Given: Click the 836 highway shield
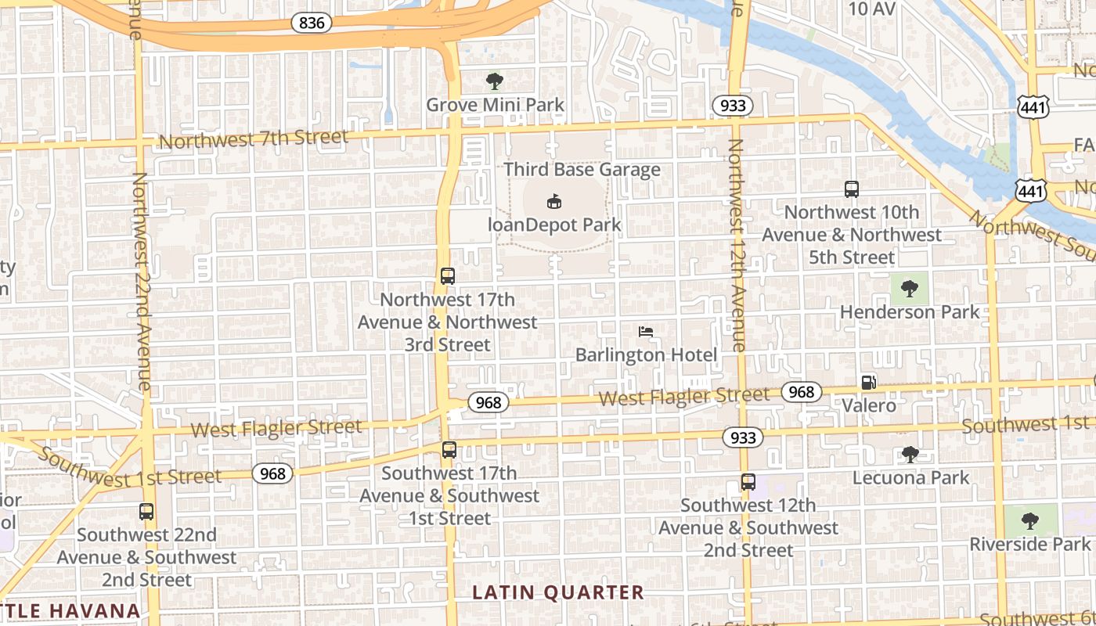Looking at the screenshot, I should click(312, 23).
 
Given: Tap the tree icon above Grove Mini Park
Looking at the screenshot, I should click(494, 81).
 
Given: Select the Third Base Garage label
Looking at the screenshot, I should click(582, 169).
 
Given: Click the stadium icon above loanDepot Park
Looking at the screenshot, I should click(554, 201).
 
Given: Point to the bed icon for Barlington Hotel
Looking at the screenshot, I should click(646, 332).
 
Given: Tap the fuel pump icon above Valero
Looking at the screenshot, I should click(868, 383).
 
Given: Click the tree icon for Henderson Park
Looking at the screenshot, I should click(909, 289).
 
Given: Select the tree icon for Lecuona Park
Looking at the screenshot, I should click(910, 454).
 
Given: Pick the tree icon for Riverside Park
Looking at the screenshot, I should click(1030, 520).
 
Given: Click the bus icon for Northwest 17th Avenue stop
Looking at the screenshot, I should click(448, 276).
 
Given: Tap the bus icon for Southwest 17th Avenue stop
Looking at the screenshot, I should click(449, 450).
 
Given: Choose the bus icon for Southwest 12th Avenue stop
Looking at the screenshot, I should click(748, 482).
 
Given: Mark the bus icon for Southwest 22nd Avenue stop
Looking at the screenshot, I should click(146, 512).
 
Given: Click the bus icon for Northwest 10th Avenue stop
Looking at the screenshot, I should click(852, 189).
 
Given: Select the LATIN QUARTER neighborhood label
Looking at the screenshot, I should click(558, 592).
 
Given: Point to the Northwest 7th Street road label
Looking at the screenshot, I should click(253, 139).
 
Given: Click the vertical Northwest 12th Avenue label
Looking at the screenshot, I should click(736, 244).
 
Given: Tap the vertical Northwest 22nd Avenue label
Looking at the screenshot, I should click(141, 282).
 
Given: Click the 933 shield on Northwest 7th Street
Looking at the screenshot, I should click(732, 106).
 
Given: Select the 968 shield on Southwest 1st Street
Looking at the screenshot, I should click(272, 473).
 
